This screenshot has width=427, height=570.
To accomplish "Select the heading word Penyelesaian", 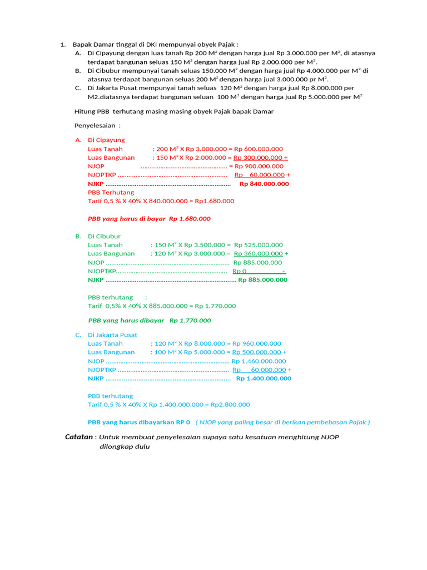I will [x=95, y=126].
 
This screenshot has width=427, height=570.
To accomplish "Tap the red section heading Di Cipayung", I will [x=106, y=140].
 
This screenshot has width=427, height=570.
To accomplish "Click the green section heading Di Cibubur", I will [x=104, y=236].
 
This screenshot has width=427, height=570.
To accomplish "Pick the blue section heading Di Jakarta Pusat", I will [x=112, y=335].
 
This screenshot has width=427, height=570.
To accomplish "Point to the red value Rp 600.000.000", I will [x=259, y=149].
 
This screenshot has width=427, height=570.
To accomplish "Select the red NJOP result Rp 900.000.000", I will [x=259, y=166].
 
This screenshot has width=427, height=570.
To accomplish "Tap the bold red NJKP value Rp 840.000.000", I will [x=264, y=184].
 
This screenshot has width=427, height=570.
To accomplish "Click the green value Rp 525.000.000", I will [x=259, y=245].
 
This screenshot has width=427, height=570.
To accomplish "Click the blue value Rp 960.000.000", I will [x=257, y=343].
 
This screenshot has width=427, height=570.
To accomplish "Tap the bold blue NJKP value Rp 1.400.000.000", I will [x=264, y=379].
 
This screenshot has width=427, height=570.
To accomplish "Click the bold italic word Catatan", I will [x=79, y=437].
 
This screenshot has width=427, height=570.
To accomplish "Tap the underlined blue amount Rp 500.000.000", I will [x=256, y=352].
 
